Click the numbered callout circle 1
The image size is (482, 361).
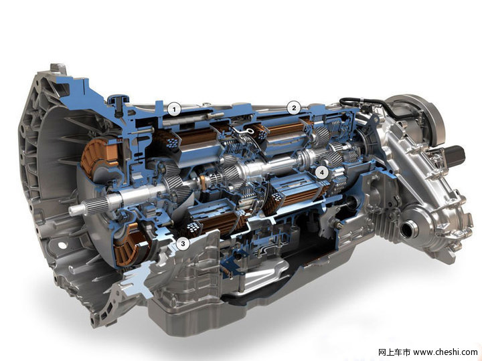click(x=174, y=109)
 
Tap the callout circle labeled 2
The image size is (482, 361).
click(x=294, y=108)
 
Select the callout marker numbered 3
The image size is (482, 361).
click(x=183, y=244)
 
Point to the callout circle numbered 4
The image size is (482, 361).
click(x=322, y=172)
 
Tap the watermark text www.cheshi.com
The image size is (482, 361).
click(x=445, y=352)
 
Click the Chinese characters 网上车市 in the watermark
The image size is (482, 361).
click(x=394, y=352)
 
